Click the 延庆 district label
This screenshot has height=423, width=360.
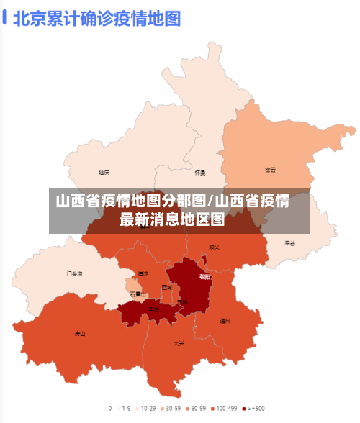pyautogui.click(x=104, y=172)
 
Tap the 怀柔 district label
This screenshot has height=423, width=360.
pyautogui.click(x=200, y=173)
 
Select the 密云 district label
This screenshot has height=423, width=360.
pyautogui.click(x=271, y=170)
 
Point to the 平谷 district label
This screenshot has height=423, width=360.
pyautogui.click(x=290, y=243)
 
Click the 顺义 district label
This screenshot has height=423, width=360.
pyautogui.click(x=214, y=247)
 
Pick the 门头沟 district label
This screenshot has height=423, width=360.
pyautogui.click(x=75, y=273)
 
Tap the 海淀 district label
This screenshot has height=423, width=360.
pyautogui.click(x=143, y=274)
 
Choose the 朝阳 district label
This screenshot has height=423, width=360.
pyautogui.click(x=206, y=276)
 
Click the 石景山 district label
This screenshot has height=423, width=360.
pyautogui.click(x=138, y=294)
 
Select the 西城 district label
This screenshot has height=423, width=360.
pyautogui.click(x=167, y=287)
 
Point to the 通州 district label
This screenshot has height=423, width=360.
pyautogui.click(x=225, y=320)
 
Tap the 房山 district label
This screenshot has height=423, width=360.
pyautogui.click(x=80, y=333)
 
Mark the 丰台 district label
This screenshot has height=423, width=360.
pyautogui.click(x=153, y=309)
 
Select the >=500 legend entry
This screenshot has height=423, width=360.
pyautogui.click(x=253, y=409)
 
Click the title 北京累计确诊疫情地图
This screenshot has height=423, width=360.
pyautogui.click(x=97, y=17)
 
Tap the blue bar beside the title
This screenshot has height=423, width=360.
pyautogui.click(x=6, y=17)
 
